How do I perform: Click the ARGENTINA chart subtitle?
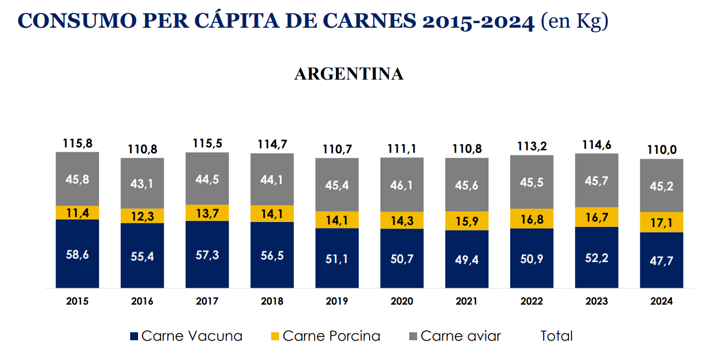349,74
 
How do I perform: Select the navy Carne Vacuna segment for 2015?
77,254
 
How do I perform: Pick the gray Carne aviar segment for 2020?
402,185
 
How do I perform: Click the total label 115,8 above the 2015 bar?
77,143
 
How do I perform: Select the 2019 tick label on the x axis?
337,301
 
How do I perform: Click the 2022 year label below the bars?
531,301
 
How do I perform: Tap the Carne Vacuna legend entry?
186,336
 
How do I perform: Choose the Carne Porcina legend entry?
326,336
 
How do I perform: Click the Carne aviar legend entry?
455,336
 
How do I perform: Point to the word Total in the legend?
556,336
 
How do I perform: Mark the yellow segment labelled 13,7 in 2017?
207,213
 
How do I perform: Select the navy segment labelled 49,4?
467,260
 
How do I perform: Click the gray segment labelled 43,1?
142,183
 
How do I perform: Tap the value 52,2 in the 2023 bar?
596,257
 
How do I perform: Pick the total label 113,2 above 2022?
531,147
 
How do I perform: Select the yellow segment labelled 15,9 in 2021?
467,221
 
